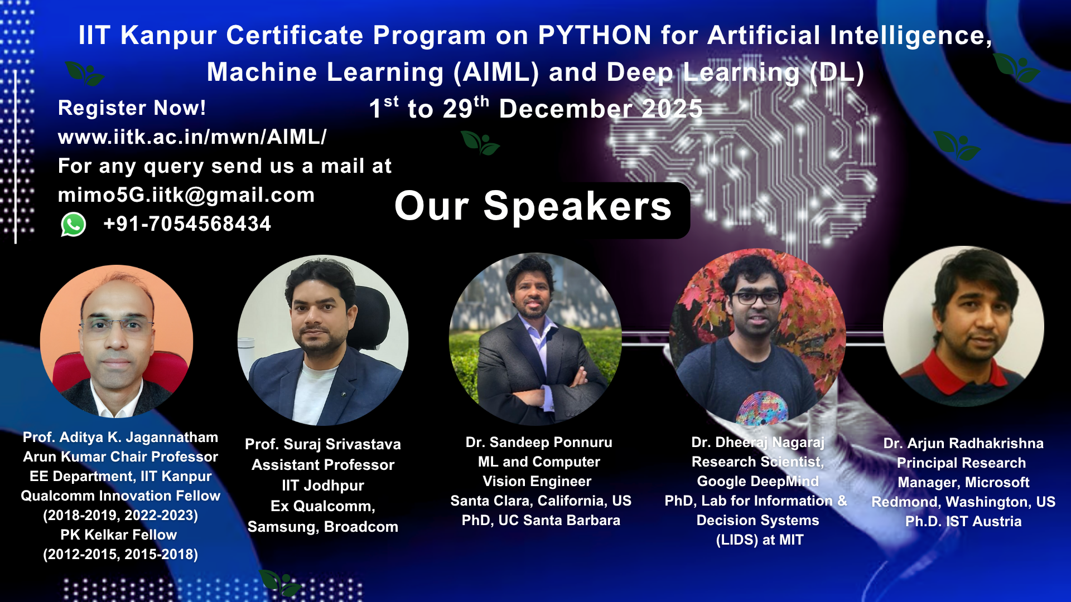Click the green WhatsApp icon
73,225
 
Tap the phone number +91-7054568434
187,224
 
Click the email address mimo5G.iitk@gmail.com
186,195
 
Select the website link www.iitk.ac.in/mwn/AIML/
192,137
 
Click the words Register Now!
132,108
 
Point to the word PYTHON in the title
595,36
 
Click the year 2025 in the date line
672,109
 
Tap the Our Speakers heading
533,206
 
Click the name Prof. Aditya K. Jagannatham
120,438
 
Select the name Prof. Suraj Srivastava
323,444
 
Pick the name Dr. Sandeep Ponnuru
539,443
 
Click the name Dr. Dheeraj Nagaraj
758,443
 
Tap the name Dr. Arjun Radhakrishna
963,444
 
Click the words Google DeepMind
758,482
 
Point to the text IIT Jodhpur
323,486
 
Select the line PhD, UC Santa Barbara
541,521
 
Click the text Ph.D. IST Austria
963,522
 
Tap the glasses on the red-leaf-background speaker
756,298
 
